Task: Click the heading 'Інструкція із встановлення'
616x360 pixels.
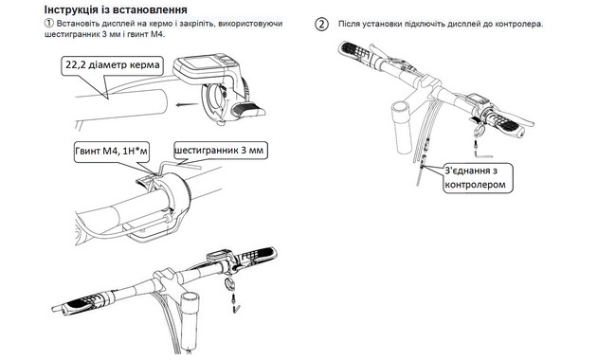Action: [x=116, y=9]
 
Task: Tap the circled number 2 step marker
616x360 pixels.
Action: [x=322, y=24]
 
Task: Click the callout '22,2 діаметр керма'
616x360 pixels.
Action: [x=113, y=64]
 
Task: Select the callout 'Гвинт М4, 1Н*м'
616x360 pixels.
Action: [x=112, y=151]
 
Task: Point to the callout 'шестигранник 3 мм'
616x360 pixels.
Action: [x=221, y=151]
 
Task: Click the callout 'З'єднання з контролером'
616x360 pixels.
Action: [x=479, y=178]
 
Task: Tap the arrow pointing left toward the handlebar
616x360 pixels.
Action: [x=186, y=104]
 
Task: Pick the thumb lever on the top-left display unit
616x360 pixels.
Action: [x=247, y=109]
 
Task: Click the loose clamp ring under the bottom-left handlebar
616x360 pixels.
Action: [x=230, y=282]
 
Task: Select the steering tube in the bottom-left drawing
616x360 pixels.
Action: [x=190, y=319]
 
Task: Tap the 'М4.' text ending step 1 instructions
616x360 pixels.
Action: [x=158, y=34]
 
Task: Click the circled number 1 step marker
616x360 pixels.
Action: [x=48, y=24]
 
